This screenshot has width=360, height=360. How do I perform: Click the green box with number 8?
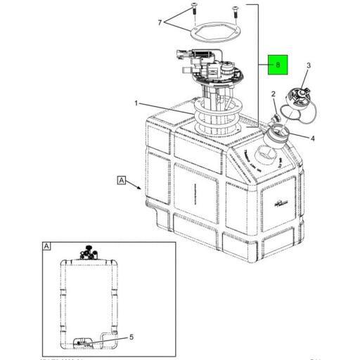pos(278,64)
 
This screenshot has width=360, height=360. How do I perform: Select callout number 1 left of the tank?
pos(135,103)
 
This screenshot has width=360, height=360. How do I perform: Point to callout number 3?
pos(308,65)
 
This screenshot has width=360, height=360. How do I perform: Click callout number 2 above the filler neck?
pos(274,94)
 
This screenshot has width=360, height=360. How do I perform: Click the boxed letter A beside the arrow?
pos(122,181)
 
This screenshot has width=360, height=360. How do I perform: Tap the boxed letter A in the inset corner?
pos(46,247)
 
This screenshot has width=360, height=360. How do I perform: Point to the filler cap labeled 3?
pos(300,99)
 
